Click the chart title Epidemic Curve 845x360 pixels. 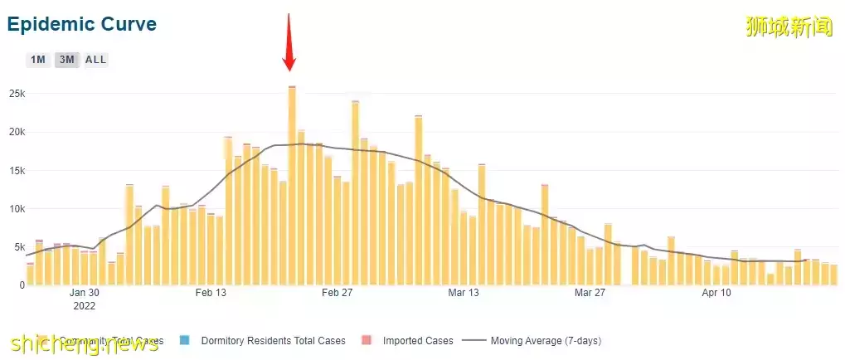click(81, 24)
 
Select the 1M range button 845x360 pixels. click(38, 60)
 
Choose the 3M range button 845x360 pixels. click(66, 60)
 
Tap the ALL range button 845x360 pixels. click(96, 60)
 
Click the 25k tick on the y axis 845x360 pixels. click(17, 94)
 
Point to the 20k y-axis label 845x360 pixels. click(17, 132)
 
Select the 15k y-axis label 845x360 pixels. click(17, 170)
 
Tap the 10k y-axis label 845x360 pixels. click(17, 208)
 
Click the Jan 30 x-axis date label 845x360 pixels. click(84, 293)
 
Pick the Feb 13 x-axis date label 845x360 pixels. click(211, 293)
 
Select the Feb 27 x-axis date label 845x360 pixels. click(338, 293)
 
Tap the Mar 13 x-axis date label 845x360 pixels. click(464, 293)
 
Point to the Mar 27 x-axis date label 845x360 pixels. click(590, 293)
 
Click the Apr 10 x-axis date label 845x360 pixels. click(716, 293)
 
